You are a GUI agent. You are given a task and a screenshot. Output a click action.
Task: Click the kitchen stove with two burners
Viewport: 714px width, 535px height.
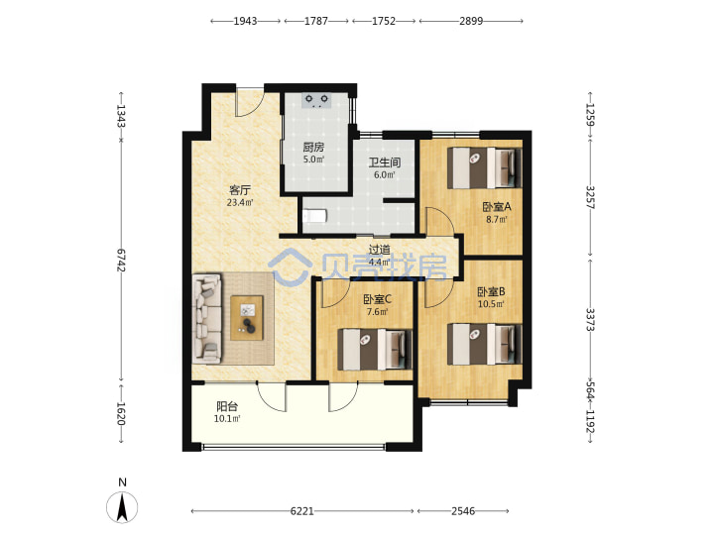(x=316, y=100)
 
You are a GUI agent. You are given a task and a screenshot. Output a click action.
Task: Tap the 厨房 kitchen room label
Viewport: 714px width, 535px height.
(x=313, y=147)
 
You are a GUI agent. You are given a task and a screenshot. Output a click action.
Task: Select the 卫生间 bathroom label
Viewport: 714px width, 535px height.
(x=385, y=162)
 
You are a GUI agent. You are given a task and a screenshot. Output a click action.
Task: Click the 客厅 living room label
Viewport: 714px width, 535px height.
(x=240, y=189)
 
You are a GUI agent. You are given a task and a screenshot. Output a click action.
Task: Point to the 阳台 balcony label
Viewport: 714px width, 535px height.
(x=227, y=406)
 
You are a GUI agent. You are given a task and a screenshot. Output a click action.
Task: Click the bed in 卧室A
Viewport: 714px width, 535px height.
(x=485, y=167)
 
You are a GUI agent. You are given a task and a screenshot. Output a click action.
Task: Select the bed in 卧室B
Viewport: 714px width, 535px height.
(x=485, y=344)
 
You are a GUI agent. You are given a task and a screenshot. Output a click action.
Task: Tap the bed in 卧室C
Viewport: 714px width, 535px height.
(x=374, y=350)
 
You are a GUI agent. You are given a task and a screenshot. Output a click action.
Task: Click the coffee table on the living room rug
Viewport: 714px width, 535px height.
(x=247, y=318)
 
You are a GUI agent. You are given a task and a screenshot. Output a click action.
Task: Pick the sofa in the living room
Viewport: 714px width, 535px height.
(x=207, y=318)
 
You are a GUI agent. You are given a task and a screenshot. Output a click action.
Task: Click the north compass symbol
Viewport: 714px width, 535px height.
(x=122, y=506)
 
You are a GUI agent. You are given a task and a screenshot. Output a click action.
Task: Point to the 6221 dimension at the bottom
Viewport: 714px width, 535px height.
(x=301, y=511)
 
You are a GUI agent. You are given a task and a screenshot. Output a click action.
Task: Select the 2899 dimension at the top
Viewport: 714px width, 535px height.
(x=471, y=21)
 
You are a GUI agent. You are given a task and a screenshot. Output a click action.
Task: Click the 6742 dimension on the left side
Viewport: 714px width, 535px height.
(x=121, y=261)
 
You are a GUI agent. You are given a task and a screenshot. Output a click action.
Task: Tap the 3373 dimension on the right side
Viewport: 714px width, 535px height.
(x=590, y=320)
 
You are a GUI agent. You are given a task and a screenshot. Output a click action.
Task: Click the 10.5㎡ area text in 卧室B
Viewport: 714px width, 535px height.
(x=491, y=304)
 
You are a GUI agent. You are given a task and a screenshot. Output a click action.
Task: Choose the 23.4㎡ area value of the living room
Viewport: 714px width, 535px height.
(x=240, y=202)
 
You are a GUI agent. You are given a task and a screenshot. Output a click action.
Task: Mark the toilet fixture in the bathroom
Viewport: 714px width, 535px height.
(x=314, y=215)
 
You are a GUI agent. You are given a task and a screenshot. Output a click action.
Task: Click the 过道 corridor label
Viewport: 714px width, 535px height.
(x=379, y=250)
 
